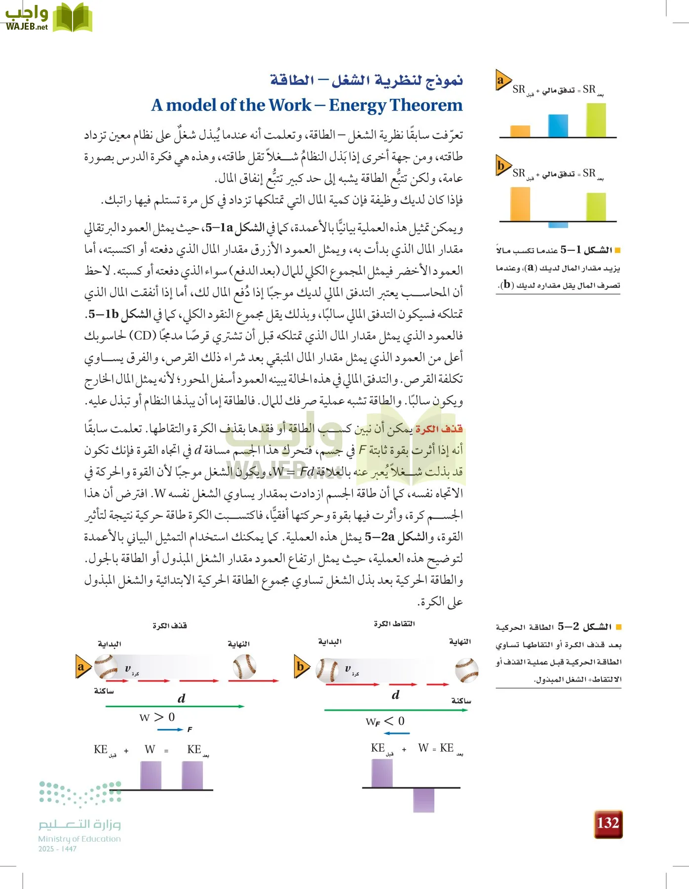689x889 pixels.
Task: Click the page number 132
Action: (608, 823)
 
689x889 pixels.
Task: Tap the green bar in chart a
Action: (596, 120)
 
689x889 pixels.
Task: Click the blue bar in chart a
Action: (558, 125)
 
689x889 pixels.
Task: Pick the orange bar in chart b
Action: (520, 204)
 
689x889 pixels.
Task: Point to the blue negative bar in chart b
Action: (558, 225)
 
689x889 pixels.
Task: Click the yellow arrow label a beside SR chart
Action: (502, 81)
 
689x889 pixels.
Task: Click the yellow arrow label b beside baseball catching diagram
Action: (301, 667)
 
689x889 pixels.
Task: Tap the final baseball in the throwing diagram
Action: (244, 666)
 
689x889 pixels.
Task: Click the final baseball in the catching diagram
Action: (466, 670)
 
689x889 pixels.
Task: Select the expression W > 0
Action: (157, 717)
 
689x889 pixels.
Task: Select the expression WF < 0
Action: (385, 722)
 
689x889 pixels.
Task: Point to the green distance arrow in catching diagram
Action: (395, 710)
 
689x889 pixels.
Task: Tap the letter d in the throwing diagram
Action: (181, 698)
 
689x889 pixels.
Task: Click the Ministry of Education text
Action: (79, 839)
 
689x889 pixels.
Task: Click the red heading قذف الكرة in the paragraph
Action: (439, 429)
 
